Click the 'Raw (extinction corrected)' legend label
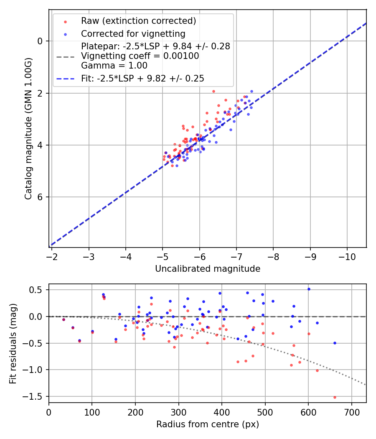point(138,21)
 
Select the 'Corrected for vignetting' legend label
point(133,33)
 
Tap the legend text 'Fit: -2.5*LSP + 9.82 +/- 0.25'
point(142,78)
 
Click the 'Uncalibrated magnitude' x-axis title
point(208,269)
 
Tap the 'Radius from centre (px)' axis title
point(208,424)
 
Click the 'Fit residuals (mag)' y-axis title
point(13,344)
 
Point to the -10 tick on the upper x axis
point(347,256)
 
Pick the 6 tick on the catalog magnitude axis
point(40,197)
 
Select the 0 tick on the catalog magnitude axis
point(40,41)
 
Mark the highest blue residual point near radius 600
point(309,289)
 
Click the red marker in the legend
point(65,21)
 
